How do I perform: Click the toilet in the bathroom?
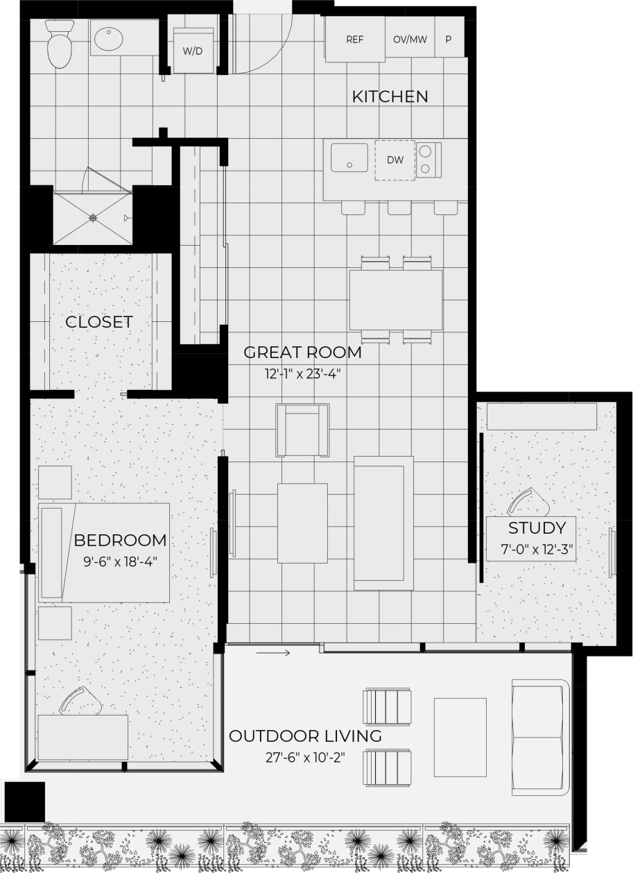pyautogui.click(x=60, y=45)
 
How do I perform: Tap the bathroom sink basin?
pyautogui.click(x=109, y=39)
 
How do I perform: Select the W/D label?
pyautogui.click(x=192, y=51)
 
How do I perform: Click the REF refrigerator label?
pyautogui.click(x=355, y=40)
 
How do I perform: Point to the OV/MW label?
pyautogui.click(x=410, y=40)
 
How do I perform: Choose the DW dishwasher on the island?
pyautogui.click(x=395, y=160)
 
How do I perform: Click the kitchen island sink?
pyautogui.click(x=349, y=158)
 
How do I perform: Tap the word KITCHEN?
pyautogui.click(x=390, y=96)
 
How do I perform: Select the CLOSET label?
pyautogui.click(x=98, y=322)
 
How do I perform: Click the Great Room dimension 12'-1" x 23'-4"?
pyautogui.click(x=302, y=373)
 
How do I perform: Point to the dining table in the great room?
pyautogui.click(x=396, y=300)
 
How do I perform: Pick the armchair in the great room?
pyautogui.click(x=302, y=430)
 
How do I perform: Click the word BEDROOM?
pyautogui.click(x=120, y=540)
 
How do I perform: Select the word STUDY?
pyautogui.click(x=537, y=527)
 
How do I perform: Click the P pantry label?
pyautogui.click(x=449, y=40)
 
